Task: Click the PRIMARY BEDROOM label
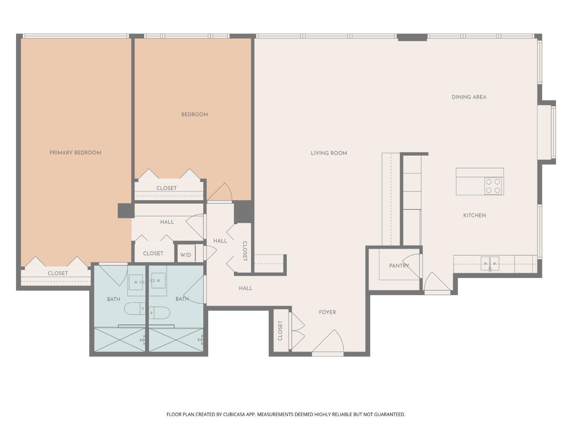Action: pyautogui.click(x=75, y=153)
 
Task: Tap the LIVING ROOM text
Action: pyautogui.click(x=329, y=153)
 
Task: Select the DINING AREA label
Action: pyautogui.click(x=469, y=97)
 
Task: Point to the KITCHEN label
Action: pyautogui.click(x=474, y=215)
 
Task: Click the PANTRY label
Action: pyautogui.click(x=398, y=266)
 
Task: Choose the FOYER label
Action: pyautogui.click(x=327, y=312)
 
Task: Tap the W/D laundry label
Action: pyautogui.click(x=186, y=255)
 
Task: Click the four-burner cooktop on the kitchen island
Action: pyautogui.click(x=493, y=186)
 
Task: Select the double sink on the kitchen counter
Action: pyautogui.click(x=490, y=263)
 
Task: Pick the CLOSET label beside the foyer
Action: pyautogui.click(x=280, y=331)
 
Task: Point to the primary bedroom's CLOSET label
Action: pyautogui.click(x=58, y=273)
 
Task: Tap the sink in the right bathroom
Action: pyautogui.click(x=158, y=281)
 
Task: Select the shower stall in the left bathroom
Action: pyautogui.click(x=119, y=340)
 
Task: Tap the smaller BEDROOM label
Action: pyautogui.click(x=194, y=114)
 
